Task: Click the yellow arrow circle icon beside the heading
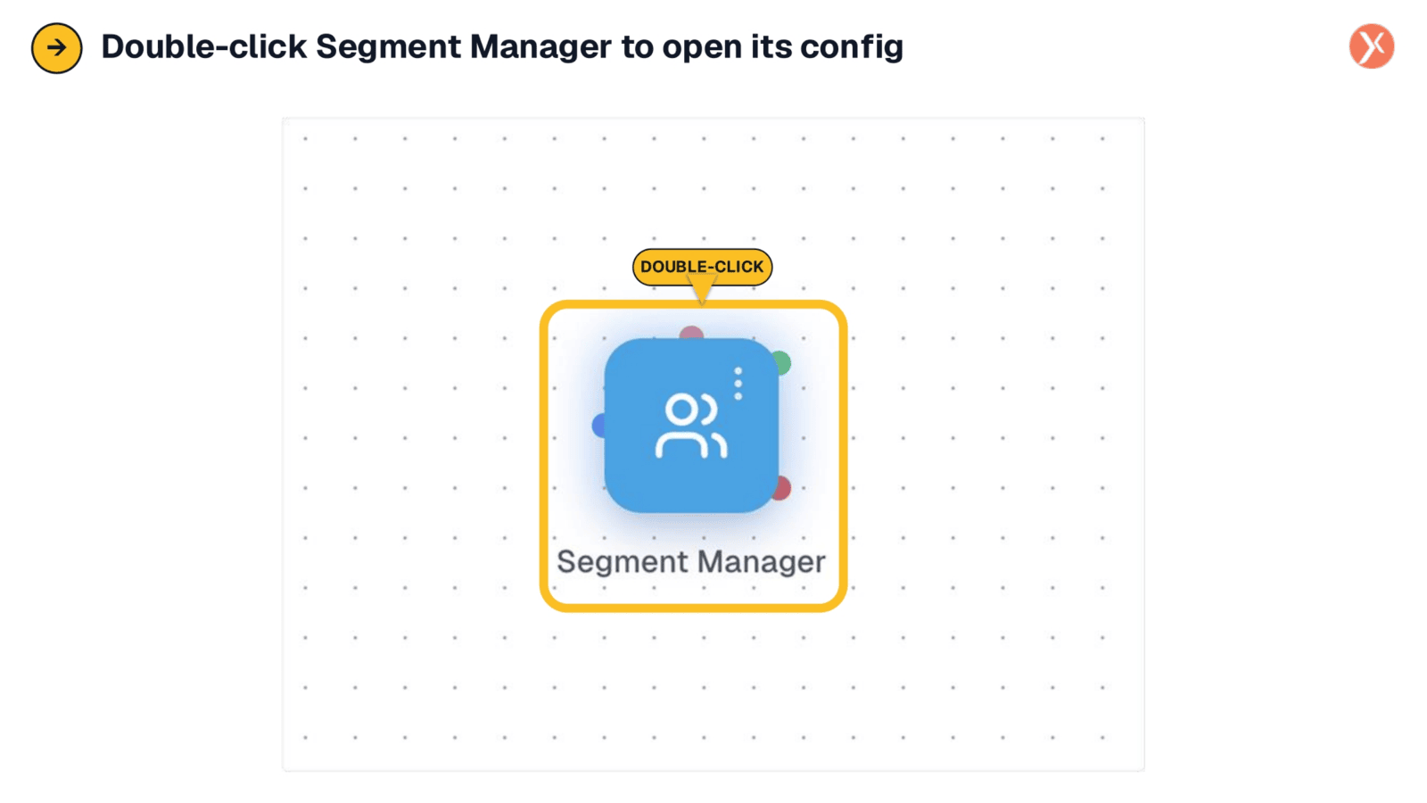[x=57, y=48]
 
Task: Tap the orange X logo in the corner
[x=1372, y=46]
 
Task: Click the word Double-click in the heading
[x=204, y=46]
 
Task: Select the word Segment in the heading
[x=388, y=47]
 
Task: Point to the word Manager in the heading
[x=540, y=47]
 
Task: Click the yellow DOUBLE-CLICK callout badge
[x=702, y=267]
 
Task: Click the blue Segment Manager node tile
[x=691, y=425]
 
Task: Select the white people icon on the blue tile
[x=691, y=426]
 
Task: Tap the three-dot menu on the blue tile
[x=738, y=383]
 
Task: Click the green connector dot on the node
[x=783, y=362]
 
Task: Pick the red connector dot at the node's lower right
[x=783, y=488]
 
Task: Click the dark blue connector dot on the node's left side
[x=598, y=425]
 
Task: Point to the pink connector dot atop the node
[x=691, y=332]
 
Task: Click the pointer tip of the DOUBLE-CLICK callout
[x=702, y=303]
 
